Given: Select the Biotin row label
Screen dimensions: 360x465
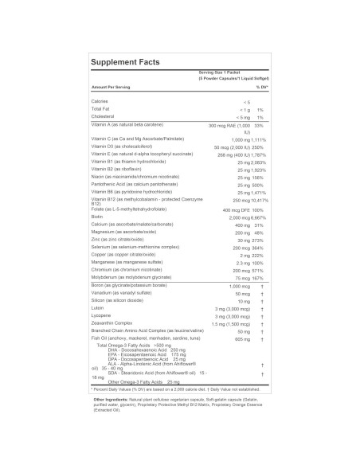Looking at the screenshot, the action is click(98, 217).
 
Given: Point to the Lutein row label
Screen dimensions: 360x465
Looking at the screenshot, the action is click(98, 307).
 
